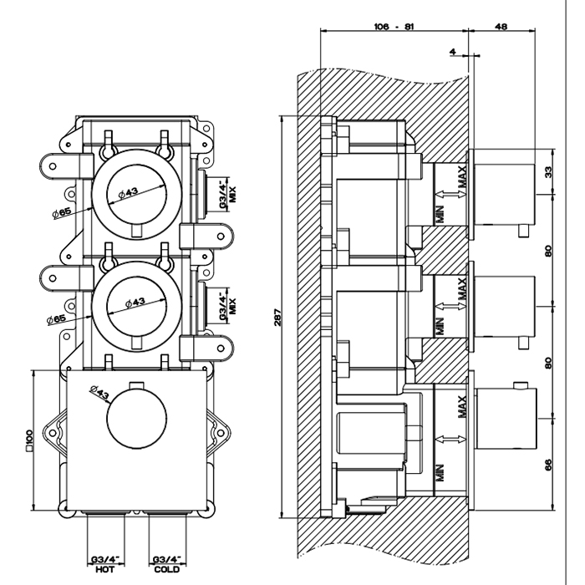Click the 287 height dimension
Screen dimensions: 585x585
click(x=277, y=318)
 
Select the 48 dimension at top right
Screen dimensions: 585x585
click(x=501, y=26)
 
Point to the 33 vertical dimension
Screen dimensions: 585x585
click(x=549, y=172)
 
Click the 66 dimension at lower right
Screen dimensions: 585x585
click(x=549, y=465)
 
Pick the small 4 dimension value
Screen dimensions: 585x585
click(x=452, y=51)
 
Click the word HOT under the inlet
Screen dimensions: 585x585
click(x=106, y=569)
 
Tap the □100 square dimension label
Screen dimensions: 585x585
click(x=29, y=440)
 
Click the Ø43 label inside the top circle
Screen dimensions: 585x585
click(x=129, y=192)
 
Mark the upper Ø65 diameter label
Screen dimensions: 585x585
click(x=64, y=206)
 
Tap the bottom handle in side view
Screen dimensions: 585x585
click(x=505, y=415)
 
